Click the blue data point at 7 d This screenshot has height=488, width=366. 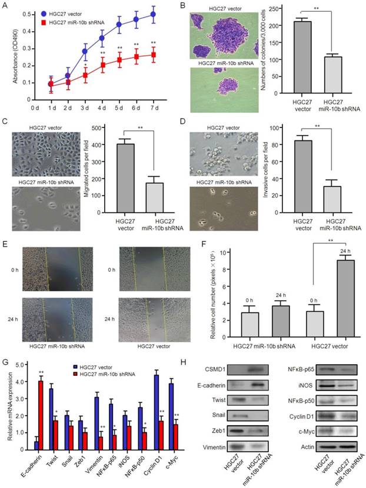[154, 14]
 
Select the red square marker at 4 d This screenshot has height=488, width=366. [102, 65]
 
